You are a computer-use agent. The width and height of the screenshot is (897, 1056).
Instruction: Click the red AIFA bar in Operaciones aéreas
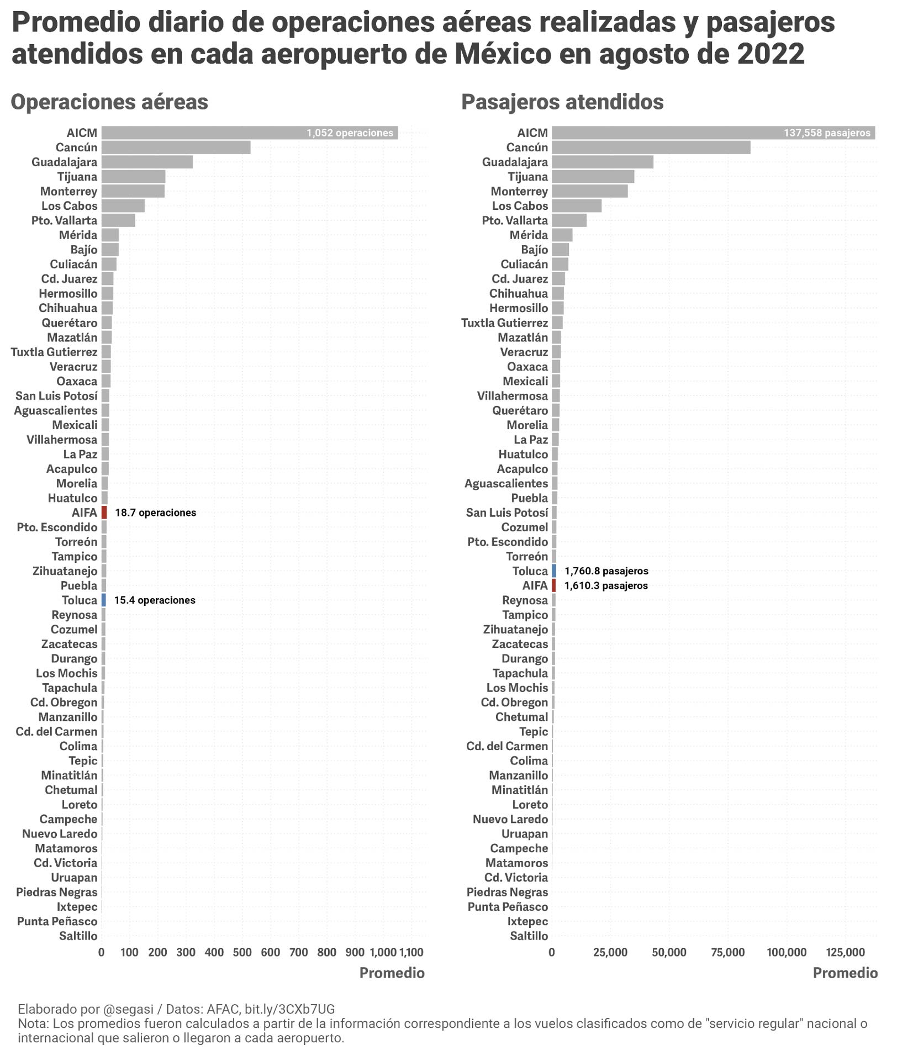click(104, 513)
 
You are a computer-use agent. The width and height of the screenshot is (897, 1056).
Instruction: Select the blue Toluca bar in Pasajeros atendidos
click(554, 571)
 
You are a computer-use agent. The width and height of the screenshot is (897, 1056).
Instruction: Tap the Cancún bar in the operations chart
click(176, 147)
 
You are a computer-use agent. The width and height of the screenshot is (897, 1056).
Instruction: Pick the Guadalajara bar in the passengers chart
click(602, 162)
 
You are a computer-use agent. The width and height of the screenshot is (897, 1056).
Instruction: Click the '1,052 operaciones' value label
click(350, 133)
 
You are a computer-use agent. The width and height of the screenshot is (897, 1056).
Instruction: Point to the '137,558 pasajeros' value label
click(827, 133)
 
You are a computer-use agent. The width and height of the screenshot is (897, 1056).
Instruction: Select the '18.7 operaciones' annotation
click(156, 513)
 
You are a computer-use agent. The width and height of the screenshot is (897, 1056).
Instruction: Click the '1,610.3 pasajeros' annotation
click(606, 585)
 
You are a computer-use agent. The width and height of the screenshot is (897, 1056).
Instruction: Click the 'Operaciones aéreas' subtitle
click(109, 102)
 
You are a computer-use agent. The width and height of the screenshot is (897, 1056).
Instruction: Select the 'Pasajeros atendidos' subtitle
click(562, 102)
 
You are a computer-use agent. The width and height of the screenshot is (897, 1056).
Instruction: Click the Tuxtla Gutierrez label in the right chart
click(504, 323)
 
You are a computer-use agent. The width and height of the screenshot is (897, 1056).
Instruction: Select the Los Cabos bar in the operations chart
click(123, 206)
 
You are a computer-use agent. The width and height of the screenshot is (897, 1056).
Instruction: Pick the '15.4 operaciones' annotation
click(155, 600)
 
